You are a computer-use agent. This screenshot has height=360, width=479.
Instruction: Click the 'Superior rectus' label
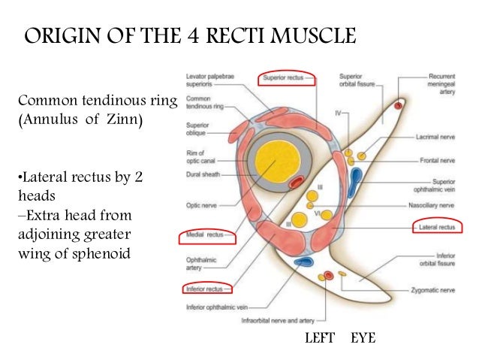[288, 78]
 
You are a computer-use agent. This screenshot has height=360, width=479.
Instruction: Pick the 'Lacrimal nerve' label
[437, 138]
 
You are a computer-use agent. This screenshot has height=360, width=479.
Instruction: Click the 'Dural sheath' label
[200, 175]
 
